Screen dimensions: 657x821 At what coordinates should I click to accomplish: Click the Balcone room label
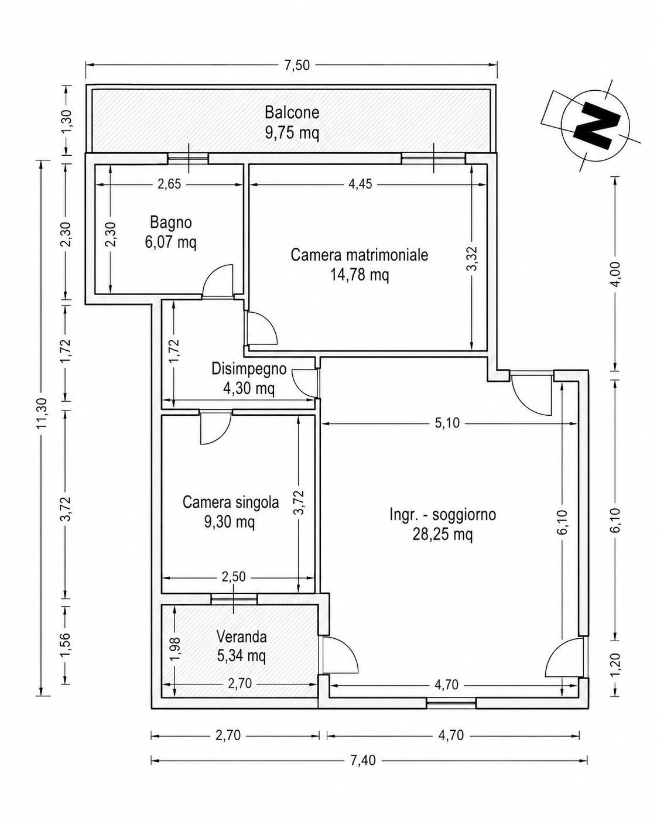(292, 113)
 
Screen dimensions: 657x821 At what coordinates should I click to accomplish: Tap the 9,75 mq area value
(292, 133)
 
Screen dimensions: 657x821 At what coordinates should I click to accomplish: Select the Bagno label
(170, 223)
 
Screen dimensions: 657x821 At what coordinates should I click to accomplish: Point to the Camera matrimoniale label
(360, 255)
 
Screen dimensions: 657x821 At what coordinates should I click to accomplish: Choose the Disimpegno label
(249, 369)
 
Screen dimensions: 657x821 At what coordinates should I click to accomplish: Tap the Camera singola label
(231, 502)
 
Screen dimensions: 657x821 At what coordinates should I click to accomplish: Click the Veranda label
(241, 637)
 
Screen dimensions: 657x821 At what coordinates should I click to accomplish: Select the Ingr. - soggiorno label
(443, 515)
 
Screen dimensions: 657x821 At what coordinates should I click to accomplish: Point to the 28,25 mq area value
(443, 535)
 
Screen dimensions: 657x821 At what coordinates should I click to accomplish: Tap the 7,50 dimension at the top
(297, 65)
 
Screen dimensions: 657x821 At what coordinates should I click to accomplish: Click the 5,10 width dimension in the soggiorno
(447, 423)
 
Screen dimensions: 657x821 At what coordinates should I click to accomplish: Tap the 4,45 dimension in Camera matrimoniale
(360, 184)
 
